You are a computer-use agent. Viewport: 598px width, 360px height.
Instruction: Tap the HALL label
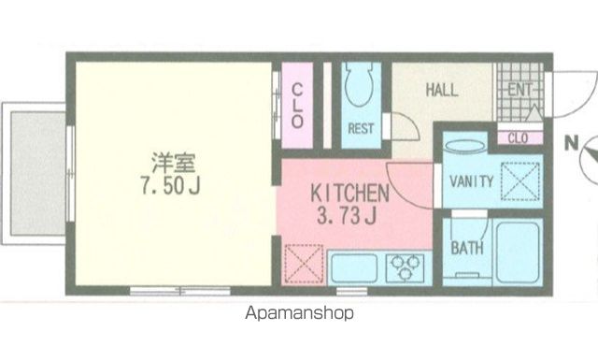pos(442,90)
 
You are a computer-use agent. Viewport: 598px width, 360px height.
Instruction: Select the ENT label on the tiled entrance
pos(520,90)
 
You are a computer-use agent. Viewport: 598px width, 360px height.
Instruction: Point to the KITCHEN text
pos(349,194)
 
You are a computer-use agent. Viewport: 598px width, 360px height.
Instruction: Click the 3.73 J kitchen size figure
pos(347,216)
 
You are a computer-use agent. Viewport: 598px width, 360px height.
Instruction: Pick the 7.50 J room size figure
pos(170,186)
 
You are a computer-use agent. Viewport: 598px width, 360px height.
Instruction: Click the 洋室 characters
pos(174,163)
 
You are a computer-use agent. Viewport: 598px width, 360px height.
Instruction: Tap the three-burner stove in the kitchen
pos(405,268)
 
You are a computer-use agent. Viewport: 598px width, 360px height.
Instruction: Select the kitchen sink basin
pos(354,268)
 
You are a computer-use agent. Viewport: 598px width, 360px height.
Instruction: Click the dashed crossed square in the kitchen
pos(304,264)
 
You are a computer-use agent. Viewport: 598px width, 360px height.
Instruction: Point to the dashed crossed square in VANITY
pos(520,181)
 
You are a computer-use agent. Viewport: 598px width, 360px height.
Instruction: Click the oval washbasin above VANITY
pos(465,147)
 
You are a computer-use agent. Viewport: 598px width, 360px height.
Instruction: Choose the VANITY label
pos(471,181)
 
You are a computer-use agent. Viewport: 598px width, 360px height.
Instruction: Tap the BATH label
pos(467,248)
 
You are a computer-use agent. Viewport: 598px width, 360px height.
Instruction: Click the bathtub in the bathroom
pos(518,252)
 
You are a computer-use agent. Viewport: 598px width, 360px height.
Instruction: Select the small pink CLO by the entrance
pos(518,137)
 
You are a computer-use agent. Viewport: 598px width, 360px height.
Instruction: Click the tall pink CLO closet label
pos(297,106)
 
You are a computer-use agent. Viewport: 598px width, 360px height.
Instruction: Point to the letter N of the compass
pos(571,143)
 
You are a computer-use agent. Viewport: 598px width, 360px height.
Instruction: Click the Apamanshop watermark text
pos(299,313)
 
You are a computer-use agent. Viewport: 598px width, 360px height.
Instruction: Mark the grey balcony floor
pos(38,174)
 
